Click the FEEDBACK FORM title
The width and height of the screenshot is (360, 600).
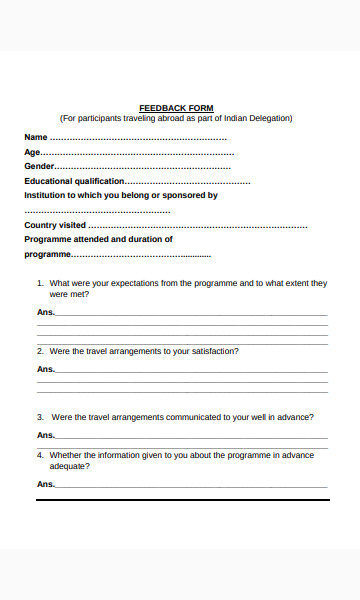point(175,108)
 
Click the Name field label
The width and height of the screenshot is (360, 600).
point(35,137)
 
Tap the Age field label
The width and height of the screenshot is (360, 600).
point(32,152)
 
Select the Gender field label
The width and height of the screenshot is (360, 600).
point(39,166)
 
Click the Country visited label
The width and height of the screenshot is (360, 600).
point(55,225)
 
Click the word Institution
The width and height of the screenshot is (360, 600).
point(46,195)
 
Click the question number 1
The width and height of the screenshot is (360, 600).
point(40,284)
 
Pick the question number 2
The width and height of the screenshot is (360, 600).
point(40,351)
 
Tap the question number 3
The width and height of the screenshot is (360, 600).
point(40,417)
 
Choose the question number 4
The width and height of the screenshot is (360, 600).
point(40,455)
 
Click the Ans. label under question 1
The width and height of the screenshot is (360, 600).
point(45,312)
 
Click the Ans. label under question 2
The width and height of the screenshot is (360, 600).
point(45,369)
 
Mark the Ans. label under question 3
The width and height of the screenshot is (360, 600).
point(45,435)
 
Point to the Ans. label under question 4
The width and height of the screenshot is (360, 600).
point(45,484)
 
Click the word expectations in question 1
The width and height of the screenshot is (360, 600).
point(127,284)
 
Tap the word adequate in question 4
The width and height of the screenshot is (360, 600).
point(67,466)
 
